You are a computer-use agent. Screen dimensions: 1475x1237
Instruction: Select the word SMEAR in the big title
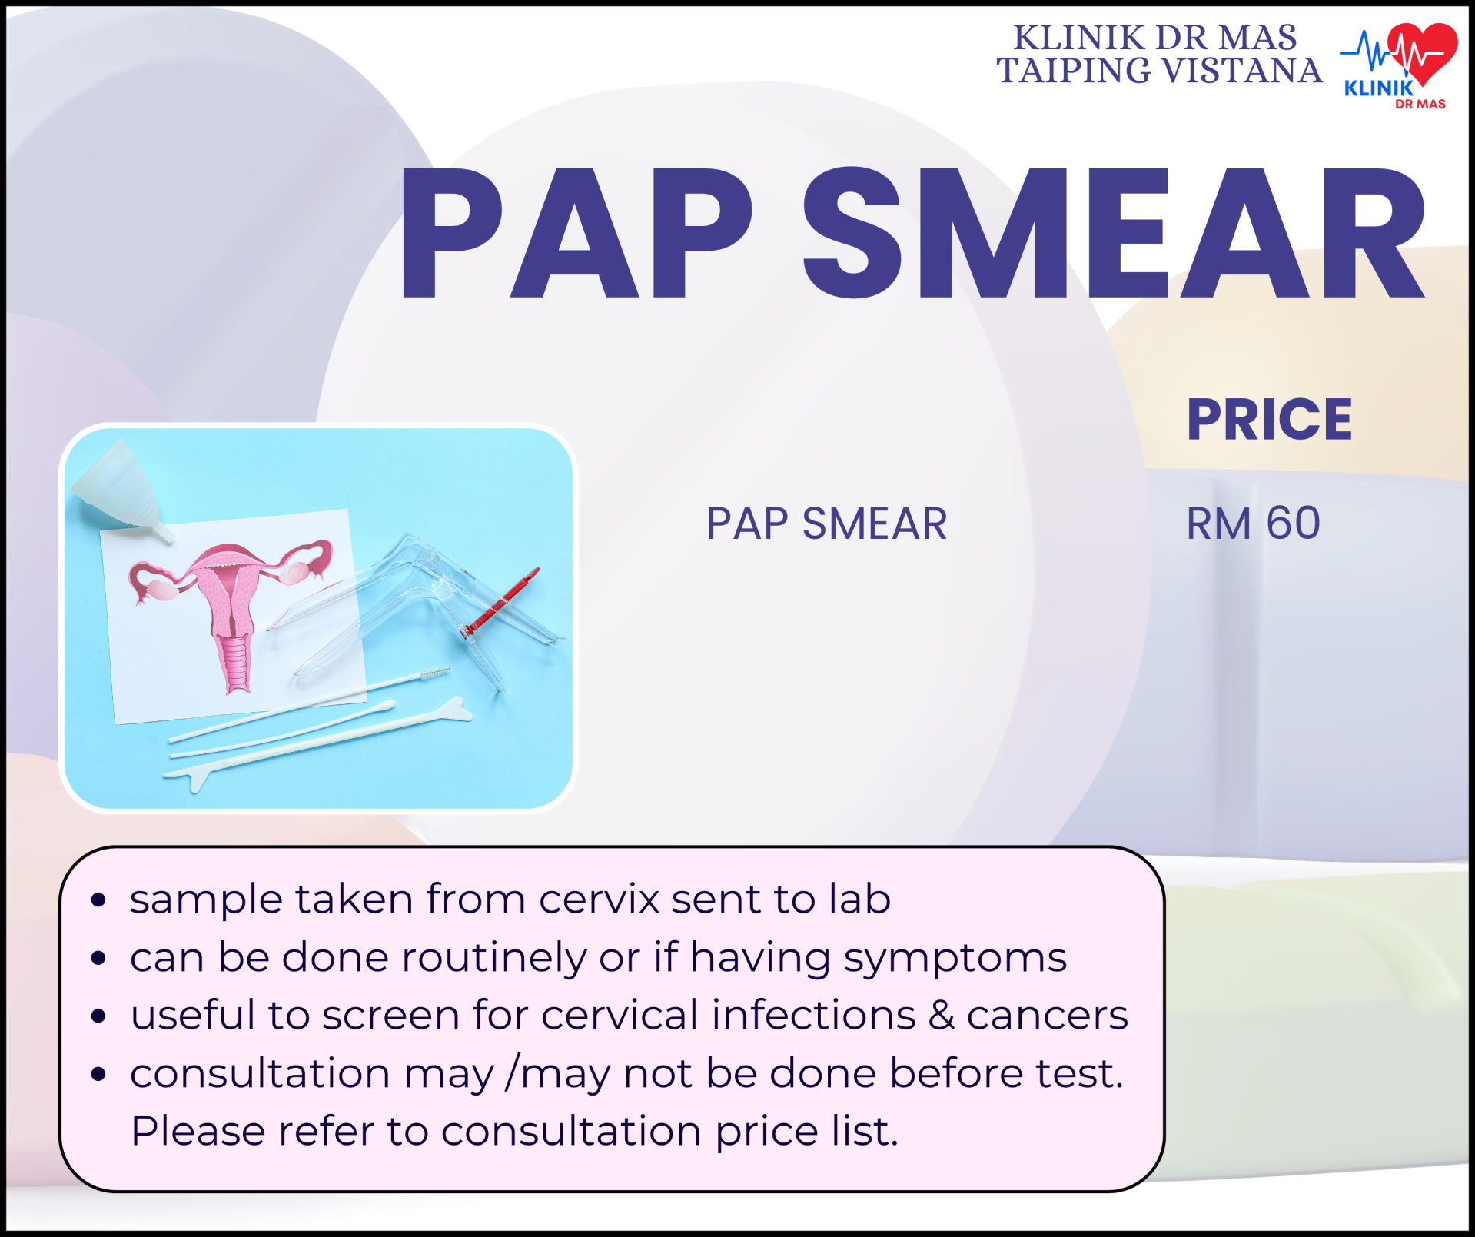(1115, 233)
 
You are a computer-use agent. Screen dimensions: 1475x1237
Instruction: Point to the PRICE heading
(1269, 420)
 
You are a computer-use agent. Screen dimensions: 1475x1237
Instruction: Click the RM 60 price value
(1254, 524)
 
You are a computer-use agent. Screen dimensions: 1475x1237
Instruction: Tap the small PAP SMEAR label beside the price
(826, 524)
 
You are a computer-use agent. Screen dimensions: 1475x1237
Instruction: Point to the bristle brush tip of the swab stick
(434, 673)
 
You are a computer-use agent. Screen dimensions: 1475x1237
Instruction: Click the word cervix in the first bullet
(599, 899)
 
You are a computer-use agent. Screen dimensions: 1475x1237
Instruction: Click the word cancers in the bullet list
(1048, 1016)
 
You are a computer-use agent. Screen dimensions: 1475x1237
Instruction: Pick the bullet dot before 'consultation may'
(98, 1074)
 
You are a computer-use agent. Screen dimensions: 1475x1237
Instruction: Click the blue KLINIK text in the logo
(1379, 88)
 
